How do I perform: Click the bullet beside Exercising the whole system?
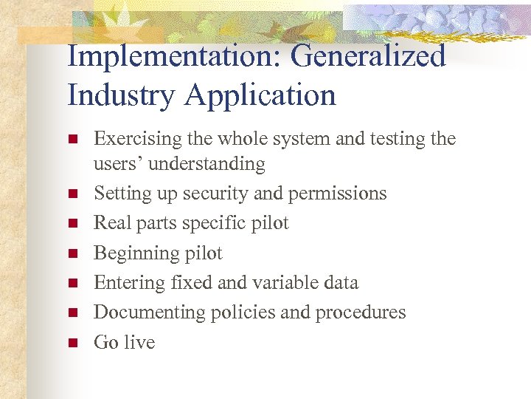pos(72,138)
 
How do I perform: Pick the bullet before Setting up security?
pos(72,194)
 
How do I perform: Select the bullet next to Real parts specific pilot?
pos(72,223)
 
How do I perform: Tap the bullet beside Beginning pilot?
pos(72,253)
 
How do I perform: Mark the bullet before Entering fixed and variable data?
pos(72,283)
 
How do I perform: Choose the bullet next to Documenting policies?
pos(72,313)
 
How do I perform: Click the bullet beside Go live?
pos(72,342)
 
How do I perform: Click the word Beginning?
pos(135,254)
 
